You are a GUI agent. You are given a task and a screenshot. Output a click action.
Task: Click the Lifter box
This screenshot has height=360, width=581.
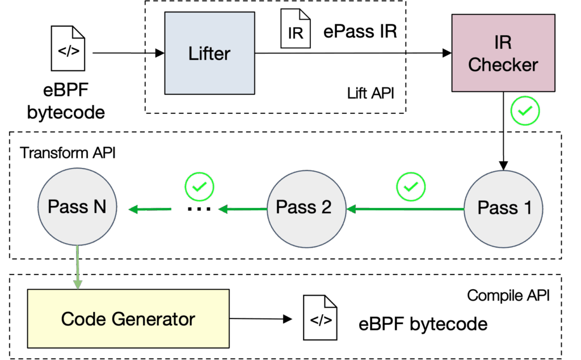209,54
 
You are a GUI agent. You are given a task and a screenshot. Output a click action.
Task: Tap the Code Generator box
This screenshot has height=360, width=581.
128,319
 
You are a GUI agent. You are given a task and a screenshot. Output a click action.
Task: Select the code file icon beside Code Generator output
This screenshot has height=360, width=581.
321,319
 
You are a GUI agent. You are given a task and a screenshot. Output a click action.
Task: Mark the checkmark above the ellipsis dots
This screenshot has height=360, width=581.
199,185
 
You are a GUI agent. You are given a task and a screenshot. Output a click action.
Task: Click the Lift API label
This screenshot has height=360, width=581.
370,94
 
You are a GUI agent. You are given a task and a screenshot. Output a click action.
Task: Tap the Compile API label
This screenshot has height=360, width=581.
508,295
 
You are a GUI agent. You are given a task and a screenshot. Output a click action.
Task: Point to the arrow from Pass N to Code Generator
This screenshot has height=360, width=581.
78,266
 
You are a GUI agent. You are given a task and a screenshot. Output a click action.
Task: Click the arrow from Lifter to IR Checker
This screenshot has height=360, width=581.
352,54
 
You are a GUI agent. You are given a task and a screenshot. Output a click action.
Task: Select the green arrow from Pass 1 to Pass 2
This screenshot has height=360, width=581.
406,209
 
